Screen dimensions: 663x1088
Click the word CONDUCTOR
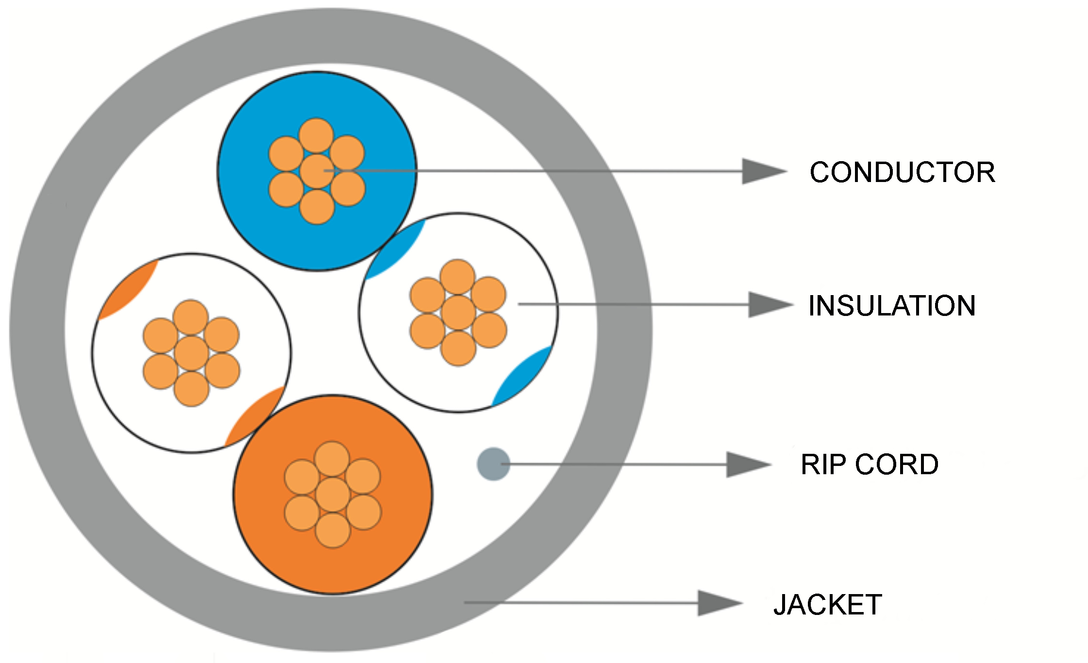click(x=902, y=172)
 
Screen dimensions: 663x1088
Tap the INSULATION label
click(x=892, y=306)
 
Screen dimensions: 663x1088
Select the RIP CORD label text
click(x=869, y=464)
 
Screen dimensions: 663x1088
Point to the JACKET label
click(x=828, y=605)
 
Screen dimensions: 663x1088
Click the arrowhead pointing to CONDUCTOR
click(x=762, y=171)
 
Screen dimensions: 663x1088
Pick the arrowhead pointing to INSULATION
click(x=769, y=305)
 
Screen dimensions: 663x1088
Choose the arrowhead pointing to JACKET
click(x=719, y=603)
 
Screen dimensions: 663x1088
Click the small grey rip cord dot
click(x=493, y=464)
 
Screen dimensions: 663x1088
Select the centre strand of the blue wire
click(x=317, y=171)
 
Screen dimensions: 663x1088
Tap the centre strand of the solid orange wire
click(x=333, y=495)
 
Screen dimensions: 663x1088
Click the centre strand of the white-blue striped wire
click(x=458, y=313)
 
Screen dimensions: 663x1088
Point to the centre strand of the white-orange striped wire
click(x=191, y=353)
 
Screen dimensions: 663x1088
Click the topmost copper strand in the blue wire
click(x=316, y=135)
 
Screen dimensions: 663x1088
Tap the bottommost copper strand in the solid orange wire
click(x=333, y=530)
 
